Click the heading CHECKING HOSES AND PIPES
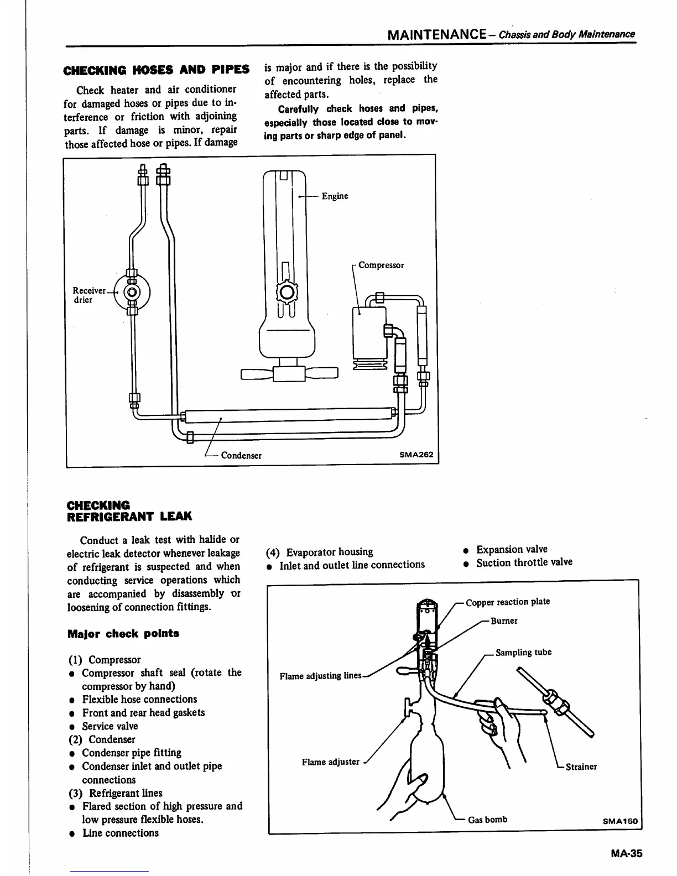[x=157, y=70]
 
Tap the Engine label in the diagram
[x=335, y=196]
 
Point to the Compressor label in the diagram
[x=381, y=265]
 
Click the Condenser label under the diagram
[x=241, y=456]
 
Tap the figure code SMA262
[x=416, y=455]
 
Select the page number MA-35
[x=626, y=854]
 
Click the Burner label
[x=504, y=620]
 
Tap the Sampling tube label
[x=523, y=653]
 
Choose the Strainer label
[x=581, y=766]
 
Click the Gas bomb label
[x=487, y=820]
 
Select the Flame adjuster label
[x=330, y=762]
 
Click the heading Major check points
[x=123, y=634]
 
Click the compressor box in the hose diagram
[x=369, y=332]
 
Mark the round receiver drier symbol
[x=132, y=292]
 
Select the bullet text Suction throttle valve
[x=524, y=562]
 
